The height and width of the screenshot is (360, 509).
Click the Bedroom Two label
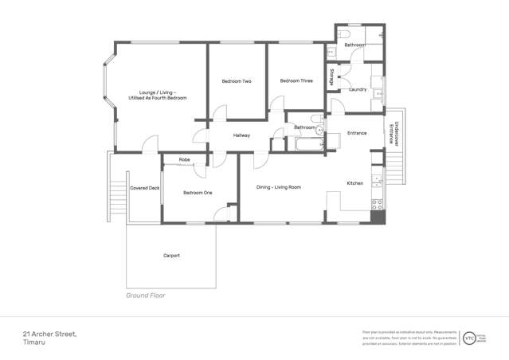tap(237, 81)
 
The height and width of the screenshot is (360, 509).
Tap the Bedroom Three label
tap(296, 80)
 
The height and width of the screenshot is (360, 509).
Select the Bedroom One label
tap(198, 192)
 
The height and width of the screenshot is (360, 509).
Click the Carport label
tap(171, 256)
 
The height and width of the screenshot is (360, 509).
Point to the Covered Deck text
tap(144, 188)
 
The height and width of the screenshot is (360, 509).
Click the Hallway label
tap(241, 135)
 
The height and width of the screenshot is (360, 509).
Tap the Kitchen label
tap(354, 183)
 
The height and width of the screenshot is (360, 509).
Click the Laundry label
tap(358, 89)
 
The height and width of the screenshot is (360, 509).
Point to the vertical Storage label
tap(332, 78)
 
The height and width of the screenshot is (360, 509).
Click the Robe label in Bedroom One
tap(184, 160)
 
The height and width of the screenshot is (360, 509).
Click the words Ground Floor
tap(146, 295)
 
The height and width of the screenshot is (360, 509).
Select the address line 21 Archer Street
tap(49, 335)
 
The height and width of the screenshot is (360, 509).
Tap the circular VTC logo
tap(469, 338)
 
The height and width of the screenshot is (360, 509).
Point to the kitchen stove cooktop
tap(376, 205)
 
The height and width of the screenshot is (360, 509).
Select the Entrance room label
tap(356, 133)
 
